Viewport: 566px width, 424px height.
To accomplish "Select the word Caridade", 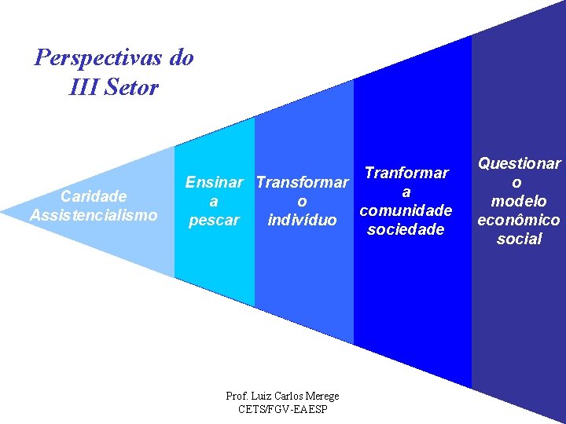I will point(94,196).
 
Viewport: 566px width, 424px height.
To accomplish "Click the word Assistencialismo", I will point(94,214).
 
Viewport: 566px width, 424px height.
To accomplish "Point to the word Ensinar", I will point(214,183).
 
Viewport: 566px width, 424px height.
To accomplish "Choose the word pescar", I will point(214,220).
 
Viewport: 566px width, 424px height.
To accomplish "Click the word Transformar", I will point(303,183).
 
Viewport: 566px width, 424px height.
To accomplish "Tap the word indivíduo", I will point(303,219).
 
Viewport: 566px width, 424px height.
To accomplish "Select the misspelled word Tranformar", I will point(406,173).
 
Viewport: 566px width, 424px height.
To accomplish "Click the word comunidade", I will point(406,210).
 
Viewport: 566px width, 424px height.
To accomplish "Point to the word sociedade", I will point(406,229).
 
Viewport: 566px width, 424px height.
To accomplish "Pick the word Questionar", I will point(519,163).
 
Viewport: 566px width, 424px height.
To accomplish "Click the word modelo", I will point(519,201).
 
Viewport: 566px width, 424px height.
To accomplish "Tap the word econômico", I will point(519,220).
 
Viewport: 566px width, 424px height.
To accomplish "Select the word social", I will point(519,239).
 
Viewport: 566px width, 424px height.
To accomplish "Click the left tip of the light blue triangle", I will point(4,211).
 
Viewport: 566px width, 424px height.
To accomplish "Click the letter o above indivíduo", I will point(303,201).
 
